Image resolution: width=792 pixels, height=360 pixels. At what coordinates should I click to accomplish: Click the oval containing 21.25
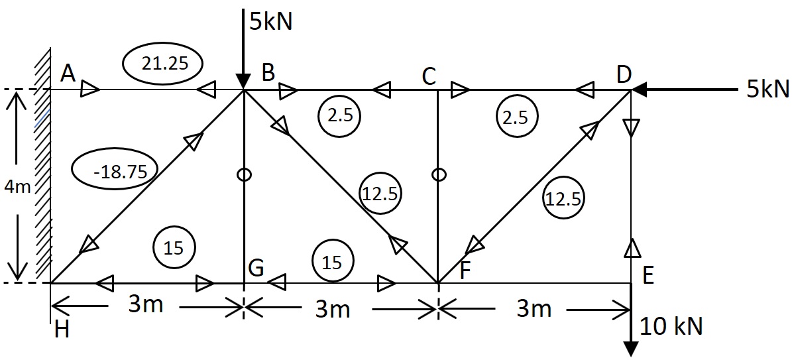163,64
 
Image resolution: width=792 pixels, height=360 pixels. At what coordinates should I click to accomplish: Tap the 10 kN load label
671,326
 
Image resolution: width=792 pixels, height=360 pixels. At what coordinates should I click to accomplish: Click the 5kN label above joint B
270,21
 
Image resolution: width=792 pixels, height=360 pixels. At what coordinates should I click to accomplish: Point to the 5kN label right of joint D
767,89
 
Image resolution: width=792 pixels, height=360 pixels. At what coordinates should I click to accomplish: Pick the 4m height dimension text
17,188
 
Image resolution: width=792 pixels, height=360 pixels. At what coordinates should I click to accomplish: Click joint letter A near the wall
68,73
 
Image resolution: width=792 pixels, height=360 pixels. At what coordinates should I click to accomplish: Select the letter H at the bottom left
62,330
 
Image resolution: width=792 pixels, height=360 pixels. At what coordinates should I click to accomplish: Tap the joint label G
256,269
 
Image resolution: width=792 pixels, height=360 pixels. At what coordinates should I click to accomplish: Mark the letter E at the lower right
648,275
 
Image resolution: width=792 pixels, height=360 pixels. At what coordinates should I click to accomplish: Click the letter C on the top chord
429,77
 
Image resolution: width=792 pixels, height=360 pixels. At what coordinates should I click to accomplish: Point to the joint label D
623,74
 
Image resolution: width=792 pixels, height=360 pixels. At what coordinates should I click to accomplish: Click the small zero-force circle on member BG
244,174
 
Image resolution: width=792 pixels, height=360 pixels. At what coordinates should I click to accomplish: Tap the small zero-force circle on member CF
438,174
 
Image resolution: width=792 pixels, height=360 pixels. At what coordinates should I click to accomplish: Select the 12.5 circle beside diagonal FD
563,198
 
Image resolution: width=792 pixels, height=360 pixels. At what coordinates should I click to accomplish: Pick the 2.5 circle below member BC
339,116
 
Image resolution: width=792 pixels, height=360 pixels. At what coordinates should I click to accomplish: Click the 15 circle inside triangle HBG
174,248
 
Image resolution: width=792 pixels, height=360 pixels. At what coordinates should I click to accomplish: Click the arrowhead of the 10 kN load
631,348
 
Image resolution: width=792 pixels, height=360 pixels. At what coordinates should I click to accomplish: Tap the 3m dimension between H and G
145,306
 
